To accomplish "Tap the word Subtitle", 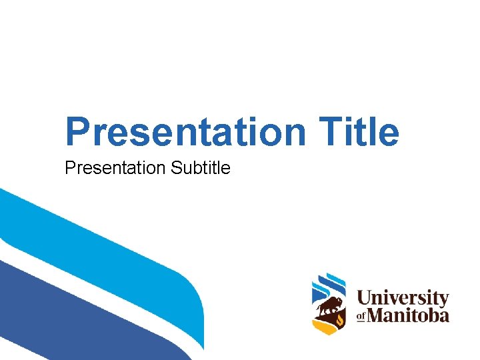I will pos(201,168).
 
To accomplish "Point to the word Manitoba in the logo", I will pos(409,315).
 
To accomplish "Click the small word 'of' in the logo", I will pos(362,315).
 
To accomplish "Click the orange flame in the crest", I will pos(340,321).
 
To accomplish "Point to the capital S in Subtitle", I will pos(176,168).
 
